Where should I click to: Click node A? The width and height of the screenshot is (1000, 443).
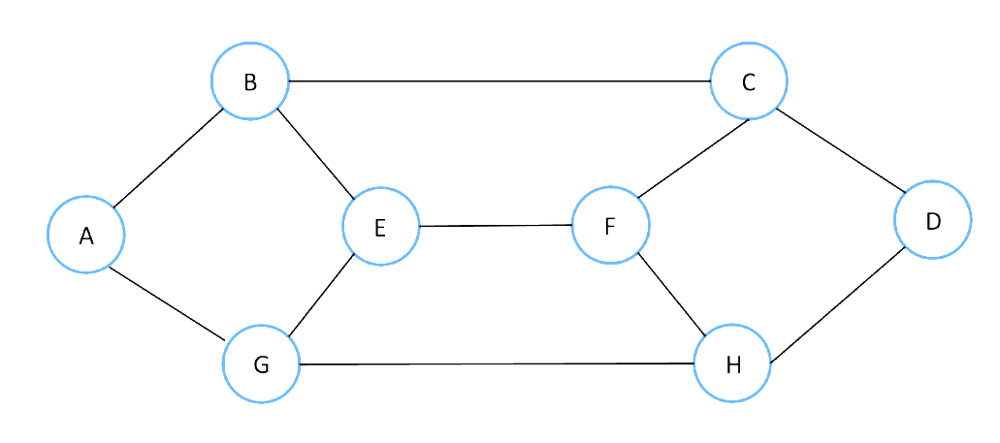pos(86,235)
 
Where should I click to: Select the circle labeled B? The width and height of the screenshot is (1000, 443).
pos(250,81)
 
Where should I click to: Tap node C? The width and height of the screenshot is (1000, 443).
pos(749,81)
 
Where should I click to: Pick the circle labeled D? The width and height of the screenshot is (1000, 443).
pos(932,220)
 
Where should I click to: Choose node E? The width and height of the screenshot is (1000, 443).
pos(380,227)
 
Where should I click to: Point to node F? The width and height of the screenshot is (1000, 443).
pos(610,226)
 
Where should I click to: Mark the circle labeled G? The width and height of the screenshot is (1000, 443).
pos(261,364)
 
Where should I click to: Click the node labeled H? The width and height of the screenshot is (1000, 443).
pos(732,364)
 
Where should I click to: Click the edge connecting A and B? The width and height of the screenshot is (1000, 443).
pos(168,158)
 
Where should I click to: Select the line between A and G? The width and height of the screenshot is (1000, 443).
pos(167,301)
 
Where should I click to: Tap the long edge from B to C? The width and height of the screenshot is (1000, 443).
pos(500,81)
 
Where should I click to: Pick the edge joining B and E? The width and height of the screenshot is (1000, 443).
pos(316,153)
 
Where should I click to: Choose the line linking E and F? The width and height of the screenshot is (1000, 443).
pos(496,226)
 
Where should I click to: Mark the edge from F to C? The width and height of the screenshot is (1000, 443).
pos(693,158)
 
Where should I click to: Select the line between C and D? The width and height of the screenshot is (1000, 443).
pos(840,149)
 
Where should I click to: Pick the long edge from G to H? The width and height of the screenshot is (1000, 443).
pos(497,364)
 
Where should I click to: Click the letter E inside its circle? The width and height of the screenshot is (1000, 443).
pos(379,228)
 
